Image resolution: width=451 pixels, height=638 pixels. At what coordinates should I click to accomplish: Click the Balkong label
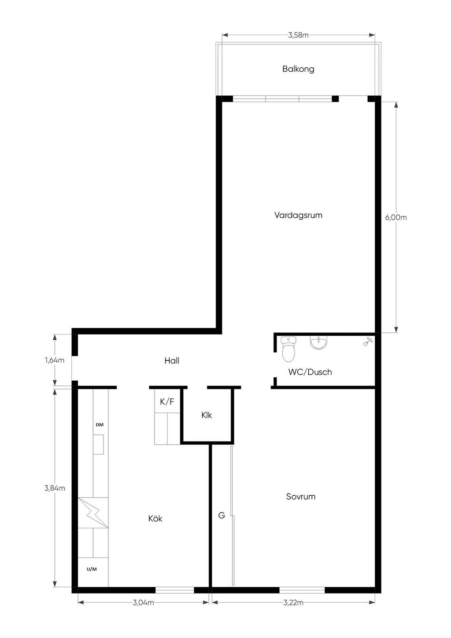pyautogui.click(x=298, y=69)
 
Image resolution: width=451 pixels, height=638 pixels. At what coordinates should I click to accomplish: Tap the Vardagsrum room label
pyautogui.click(x=298, y=215)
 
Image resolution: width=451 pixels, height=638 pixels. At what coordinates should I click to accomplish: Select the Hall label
pyautogui.click(x=172, y=360)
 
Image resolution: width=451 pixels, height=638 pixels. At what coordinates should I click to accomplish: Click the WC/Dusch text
pyautogui.click(x=310, y=372)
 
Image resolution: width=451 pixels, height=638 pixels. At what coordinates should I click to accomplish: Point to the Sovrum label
pyautogui.click(x=301, y=497)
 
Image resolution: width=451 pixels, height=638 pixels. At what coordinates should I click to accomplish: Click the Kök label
pyautogui.click(x=155, y=518)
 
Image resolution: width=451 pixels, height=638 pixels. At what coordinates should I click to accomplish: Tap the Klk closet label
pyautogui.click(x=207, y=415)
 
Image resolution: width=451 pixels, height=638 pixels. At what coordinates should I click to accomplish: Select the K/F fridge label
pyautogui.click(x=167, y=401)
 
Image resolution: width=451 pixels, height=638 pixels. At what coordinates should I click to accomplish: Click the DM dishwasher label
pyautogui.click(x=100, y=425)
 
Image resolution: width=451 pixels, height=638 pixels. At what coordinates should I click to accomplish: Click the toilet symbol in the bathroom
pyautogui.click(x=288, y=349)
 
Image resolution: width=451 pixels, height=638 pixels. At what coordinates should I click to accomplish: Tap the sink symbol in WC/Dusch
pyautogui.click(x=318, y=343)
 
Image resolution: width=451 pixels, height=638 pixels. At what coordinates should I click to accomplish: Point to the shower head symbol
pyautogui.click(x=368, y=341)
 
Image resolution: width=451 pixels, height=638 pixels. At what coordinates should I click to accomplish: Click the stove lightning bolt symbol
pyautogui.click(x=93, y=513)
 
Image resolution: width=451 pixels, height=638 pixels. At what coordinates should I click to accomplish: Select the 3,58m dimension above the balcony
pyautogui.click(x=298, y=35)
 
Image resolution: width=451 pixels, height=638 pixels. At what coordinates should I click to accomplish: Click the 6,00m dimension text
pyautogui.click(x=396, y=217)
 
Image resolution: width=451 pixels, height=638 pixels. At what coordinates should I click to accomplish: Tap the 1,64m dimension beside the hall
pyautogui.click(x=54, y=360)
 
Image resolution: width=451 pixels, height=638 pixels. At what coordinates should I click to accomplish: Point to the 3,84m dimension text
pyautogui.click(x=55, y=488)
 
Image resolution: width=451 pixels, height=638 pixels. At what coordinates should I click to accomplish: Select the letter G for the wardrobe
pyautogui.click(x=221, y=515)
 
